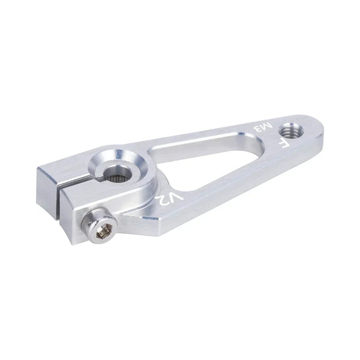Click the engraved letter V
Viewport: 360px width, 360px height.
pos(176,197)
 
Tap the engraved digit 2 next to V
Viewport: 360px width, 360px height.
pos(163,201)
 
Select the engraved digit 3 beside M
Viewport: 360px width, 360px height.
pos(258,130)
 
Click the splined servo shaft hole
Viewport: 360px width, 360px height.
pos(116,175)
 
